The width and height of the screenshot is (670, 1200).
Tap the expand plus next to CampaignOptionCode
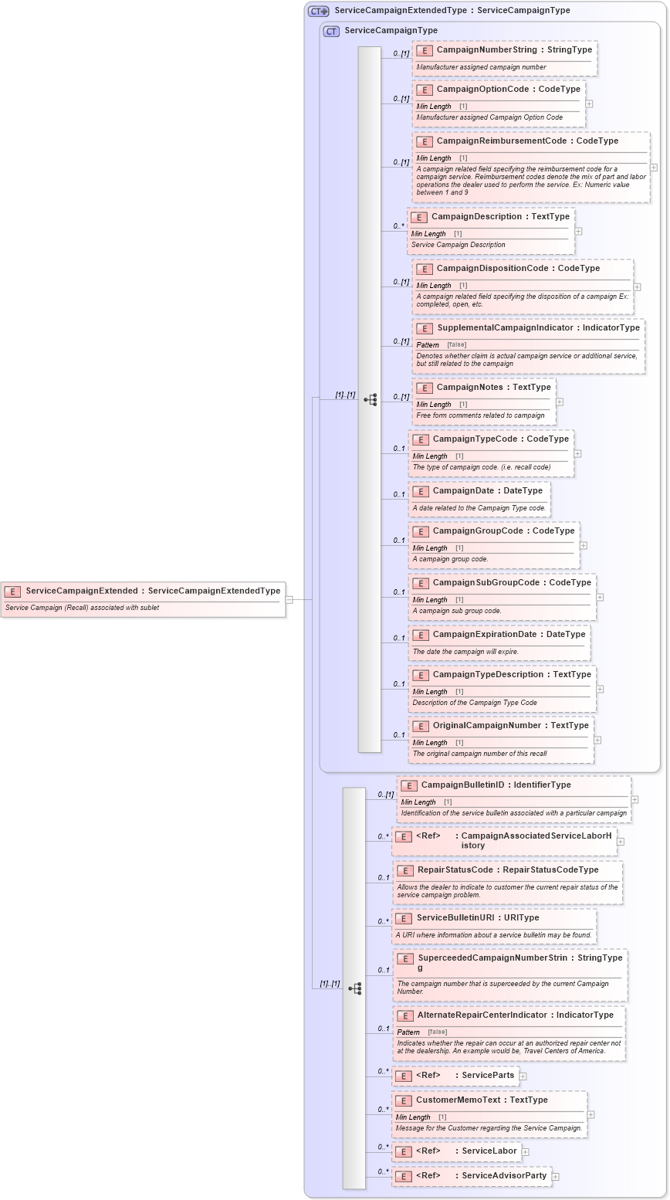[x=589, y=103]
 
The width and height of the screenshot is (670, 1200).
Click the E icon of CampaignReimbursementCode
[x=424, y=141]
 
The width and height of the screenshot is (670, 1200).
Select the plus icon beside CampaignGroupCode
[x=583, y=545]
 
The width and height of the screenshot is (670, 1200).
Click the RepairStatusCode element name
[x=455, y=870]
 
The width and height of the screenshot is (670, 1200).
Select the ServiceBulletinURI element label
[x=456, y=918]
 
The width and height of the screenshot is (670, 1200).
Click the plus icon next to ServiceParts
[x=523, y=1076]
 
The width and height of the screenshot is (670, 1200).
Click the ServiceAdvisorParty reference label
[x=504, y=1176]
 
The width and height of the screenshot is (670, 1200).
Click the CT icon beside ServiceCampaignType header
[x=331, y=31]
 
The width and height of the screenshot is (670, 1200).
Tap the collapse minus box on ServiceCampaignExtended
[x=289, y=599]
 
